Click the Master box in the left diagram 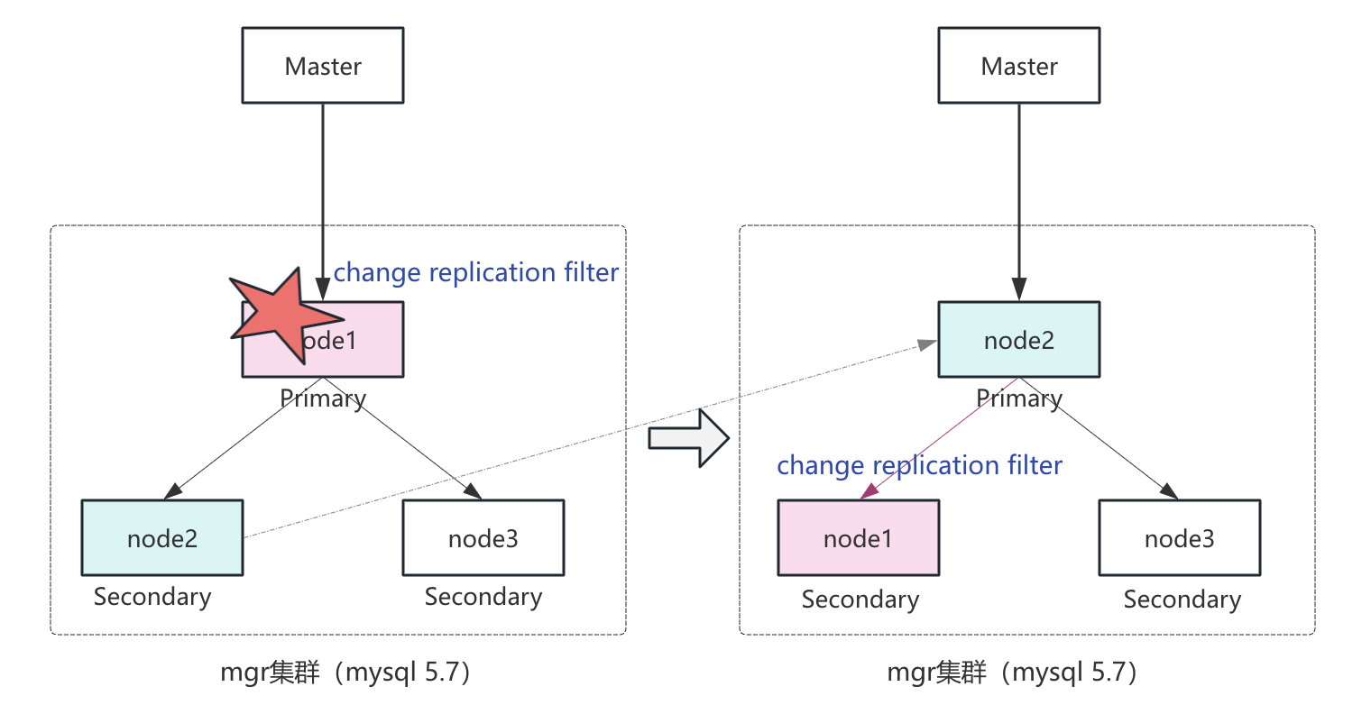(x=323, y=66)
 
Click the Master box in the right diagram (x=1019, y=66)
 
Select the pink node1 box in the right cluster (x=858, y=538)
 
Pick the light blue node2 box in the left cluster (x=162, y=538)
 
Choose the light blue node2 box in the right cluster (x=1019, y=340)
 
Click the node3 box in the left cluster (x=483, y=538)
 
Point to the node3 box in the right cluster (x=1180, y=538)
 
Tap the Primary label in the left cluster (x=323, y=398)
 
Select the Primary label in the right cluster (x=1019, y=398)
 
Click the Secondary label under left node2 (x=152, y=597)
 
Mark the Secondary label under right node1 (x=860, y=600)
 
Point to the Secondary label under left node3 (x=483, y=597)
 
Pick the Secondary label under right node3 (x=1182, y=600)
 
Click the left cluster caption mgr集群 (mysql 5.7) (x=346, y=673)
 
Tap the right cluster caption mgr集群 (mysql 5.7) (x=1013, y=673)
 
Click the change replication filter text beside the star (x=476, y=272)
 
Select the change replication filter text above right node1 (x=920, y=465)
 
